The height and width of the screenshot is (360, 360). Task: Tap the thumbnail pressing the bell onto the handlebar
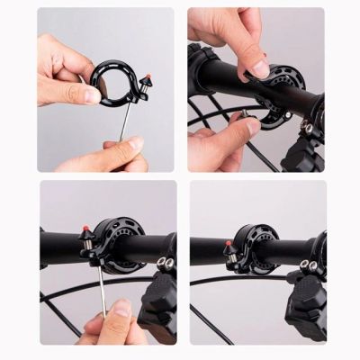click(x=261, y=68)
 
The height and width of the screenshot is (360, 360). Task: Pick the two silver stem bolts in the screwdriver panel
click(x=164, y=264)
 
